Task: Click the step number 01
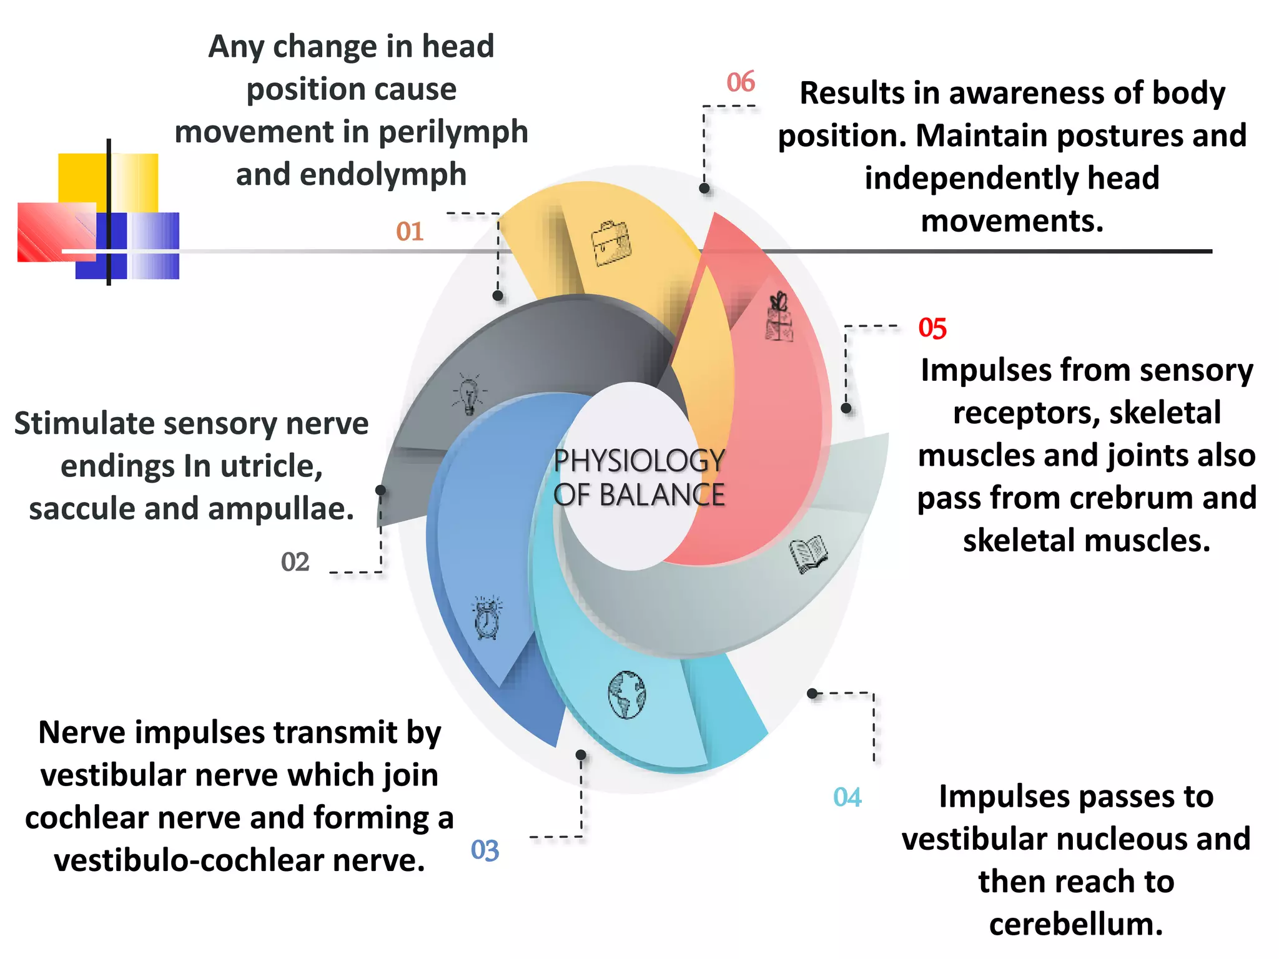pyautogui.click(x=410, y=232)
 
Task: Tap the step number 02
pyautogui.click(x=295, y=562)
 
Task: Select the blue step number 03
pyautogui.click(x=485, y=850)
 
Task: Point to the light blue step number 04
pyautogui.click(x=847, y=797)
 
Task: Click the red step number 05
pyautogui.click(x=932, y=328)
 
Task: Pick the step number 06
pyautogui.click(x=741, y=82)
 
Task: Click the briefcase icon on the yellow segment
pyautogui.click(x=611, y=243)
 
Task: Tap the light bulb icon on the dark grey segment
pyautogui.click(x=469, y=395)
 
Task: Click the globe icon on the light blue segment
pyautogui.click(x=627, y=695)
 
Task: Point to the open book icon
pyautogui.click(x=809, y=553)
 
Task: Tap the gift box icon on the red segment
pyautogui.click(x=779, y=317)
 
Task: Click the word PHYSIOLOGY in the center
pyautogui.click(x=639, y=461)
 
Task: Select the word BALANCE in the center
pyautogui.click(x=662, y=496)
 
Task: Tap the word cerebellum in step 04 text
pyautogui.click(x=1075, y=925)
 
